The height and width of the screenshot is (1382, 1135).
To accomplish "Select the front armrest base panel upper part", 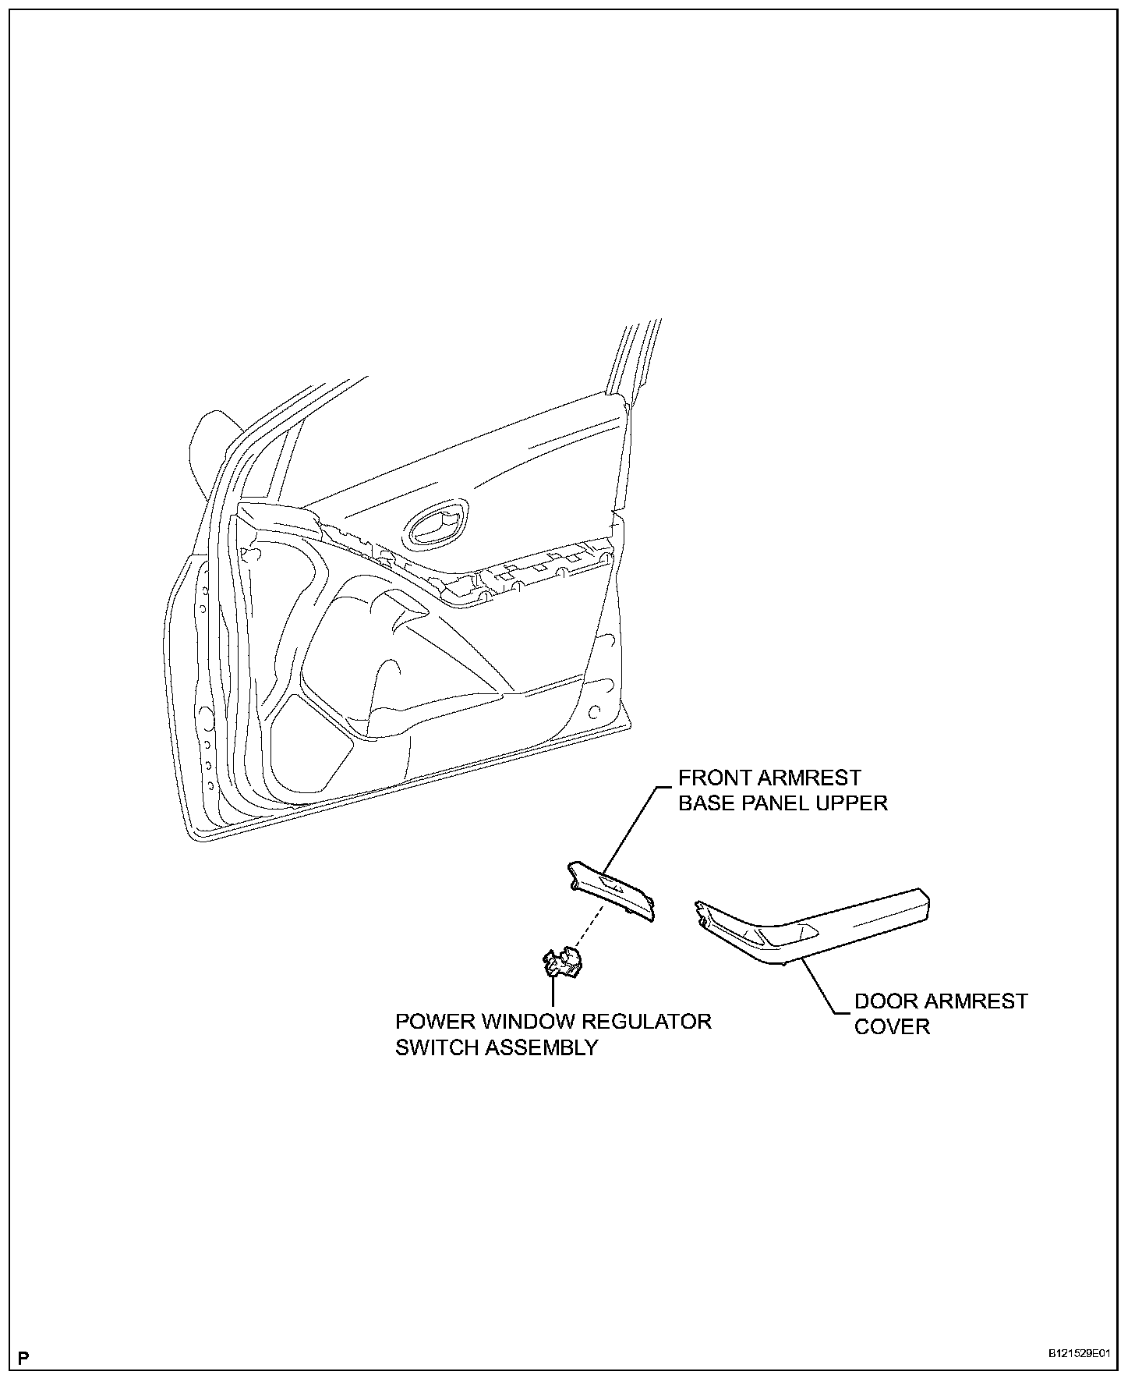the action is [613, 888].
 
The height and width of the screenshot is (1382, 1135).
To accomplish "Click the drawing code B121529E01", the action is [1078, 1355].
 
